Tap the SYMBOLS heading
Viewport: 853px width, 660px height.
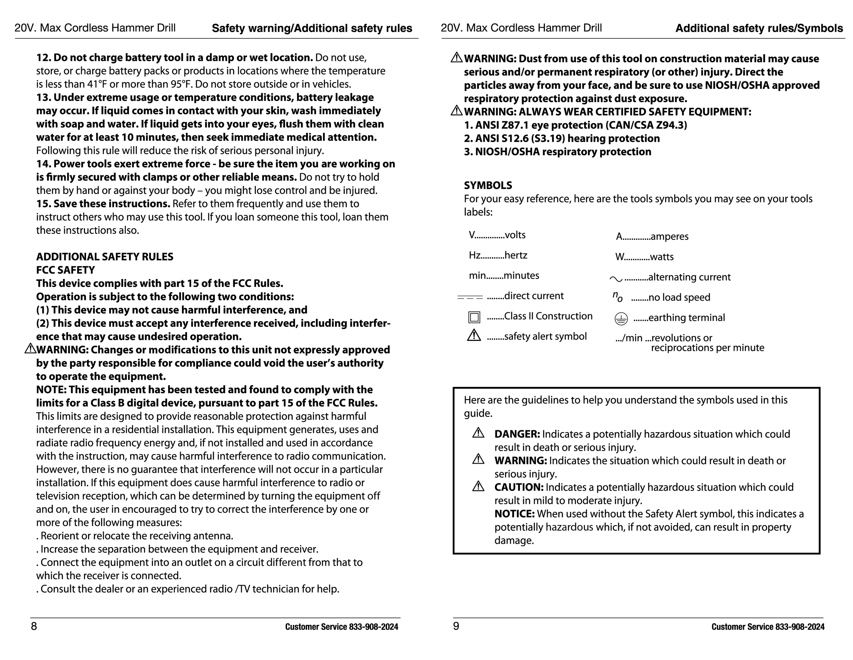[488, 185]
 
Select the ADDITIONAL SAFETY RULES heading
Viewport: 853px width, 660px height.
[105, 257]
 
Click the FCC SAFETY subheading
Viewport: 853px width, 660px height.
[66, 270]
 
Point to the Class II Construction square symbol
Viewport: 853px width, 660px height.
[474, 317]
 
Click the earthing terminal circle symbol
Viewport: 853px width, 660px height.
[621, 319]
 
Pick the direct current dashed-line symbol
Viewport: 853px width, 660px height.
[470, 297]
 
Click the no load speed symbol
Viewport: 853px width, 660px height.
[617, 297]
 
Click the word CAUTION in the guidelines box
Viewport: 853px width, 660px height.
[519, 487]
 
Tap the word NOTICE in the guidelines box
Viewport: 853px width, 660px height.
[514, 514]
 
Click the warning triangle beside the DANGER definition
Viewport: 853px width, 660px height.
[478, 433]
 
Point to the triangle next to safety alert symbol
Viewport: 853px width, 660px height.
[474, 335]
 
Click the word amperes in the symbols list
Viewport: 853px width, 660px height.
[670, 236]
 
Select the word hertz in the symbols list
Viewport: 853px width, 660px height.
[516, 255]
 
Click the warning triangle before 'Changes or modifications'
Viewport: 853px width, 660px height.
[30, 348]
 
